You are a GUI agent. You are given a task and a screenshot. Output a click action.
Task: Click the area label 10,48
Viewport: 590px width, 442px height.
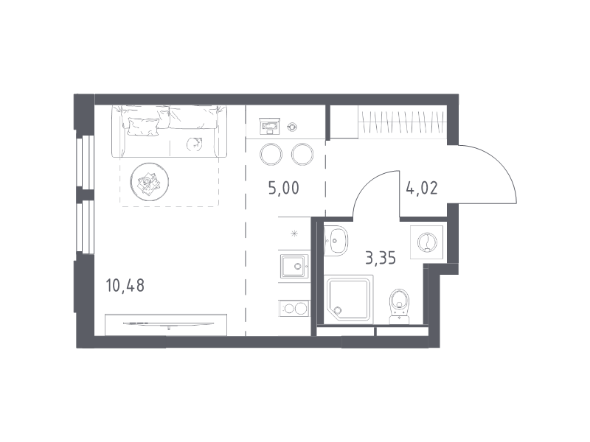[x=125, y=286]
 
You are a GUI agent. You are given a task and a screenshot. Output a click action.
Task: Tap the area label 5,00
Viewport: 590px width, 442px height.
[x=284, y=188]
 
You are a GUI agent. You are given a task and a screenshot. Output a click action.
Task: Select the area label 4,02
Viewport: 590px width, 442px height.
[x=422, y=188]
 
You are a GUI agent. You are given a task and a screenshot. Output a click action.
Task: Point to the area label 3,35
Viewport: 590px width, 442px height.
[x=381, y=259]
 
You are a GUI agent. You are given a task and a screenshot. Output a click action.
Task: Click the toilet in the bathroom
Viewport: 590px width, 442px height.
[x=399, y=306]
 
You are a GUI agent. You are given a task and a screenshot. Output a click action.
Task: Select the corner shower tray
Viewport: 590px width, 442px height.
[x=349, y=299]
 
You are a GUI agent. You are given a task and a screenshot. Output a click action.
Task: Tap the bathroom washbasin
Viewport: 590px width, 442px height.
[x=336, y=241]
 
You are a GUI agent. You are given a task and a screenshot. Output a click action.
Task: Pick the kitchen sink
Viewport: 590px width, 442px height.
[x=294, y=266]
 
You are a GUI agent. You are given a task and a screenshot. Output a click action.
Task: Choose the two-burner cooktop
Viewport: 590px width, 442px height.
[x=294, y=309]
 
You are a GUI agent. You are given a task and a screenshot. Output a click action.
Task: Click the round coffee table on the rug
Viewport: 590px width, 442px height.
[x=150, y=182]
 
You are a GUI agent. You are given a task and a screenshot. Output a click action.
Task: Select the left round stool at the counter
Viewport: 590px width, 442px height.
[x=271, y=155]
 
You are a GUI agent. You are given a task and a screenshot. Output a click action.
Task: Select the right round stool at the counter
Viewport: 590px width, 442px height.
[x=302, y=155]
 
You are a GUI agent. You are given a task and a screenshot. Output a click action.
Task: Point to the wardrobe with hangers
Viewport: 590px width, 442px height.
[x=402, y=122]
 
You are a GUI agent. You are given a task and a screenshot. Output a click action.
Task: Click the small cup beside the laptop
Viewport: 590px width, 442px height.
[x=291, y=127]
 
